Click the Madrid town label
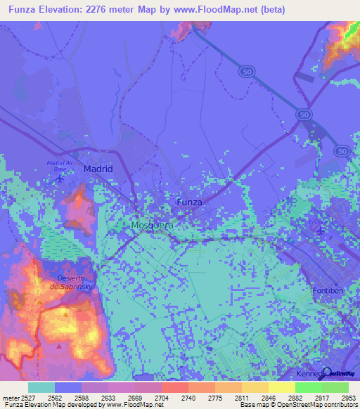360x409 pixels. pyautogui.click(x=98, y=169)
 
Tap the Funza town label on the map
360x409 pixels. pyautogui.click(x=189, y=202)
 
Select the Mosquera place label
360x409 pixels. pyautogui.click(x=152, y=226)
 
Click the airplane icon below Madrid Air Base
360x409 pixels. pyautogui.click(x=59, y=177)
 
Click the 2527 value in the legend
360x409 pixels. pyautogui.click(x=28, y=397)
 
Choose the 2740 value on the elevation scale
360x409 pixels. pyautogui.click(x=188, y=397)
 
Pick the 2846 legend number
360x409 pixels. pyautogui.click(x=268, y=397)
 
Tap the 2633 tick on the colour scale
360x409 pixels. pyautogui.click(x=108, y=397)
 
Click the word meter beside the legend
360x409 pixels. pyautogui.click(x=10, y=397)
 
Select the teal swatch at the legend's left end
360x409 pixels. pyautogui.click(x=41, y=387)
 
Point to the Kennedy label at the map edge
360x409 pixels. pyautogui.click(x=311, y=373)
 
